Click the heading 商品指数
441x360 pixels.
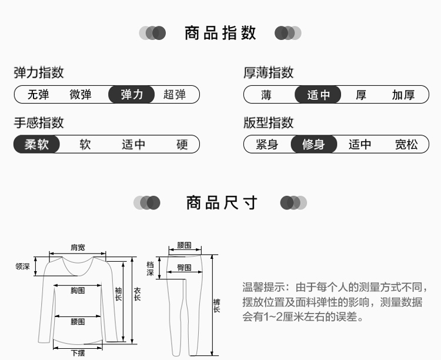[220, 33]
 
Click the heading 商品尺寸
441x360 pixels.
[222, 203]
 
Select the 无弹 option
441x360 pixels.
[38, 95]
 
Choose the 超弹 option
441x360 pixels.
[174, 95]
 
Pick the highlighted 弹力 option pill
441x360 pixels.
[132, 95]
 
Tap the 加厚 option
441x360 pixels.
[403, 95]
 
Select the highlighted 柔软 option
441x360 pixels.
[36, 144]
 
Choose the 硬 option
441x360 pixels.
[182, 144]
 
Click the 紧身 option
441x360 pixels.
[267, 144]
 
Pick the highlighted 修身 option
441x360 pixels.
[314, 144]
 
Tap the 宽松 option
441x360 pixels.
[406, 144]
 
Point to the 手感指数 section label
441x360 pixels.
[39, 123]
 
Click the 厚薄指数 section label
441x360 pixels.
[268, 73]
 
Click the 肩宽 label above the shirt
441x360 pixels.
[78, 247]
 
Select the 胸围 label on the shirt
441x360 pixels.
[78, 291]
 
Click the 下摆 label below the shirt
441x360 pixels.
[78, 353]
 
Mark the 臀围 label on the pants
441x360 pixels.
[184, 268]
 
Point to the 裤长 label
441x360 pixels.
[216, 306]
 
